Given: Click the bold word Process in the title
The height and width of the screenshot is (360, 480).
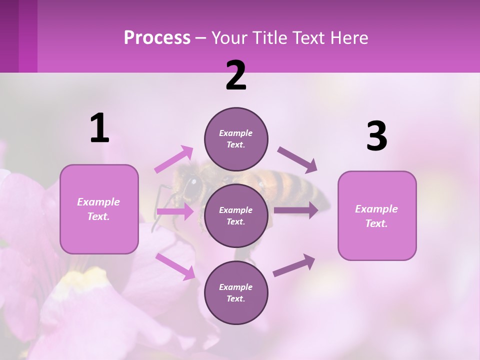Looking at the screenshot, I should click(157, 38).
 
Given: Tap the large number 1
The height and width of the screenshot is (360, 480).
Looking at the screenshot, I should click(99, 128).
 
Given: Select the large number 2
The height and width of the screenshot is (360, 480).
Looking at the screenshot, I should click(236, 75).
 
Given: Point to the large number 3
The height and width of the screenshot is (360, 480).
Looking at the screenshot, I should click(376, 136).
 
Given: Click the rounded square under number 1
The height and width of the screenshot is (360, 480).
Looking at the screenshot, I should click(99, 209).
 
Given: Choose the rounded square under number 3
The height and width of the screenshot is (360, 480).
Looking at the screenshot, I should click(377, 215).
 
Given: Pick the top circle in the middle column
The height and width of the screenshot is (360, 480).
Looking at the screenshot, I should click(236, 139).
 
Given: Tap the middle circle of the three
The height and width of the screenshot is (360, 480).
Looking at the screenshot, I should click(236, 215).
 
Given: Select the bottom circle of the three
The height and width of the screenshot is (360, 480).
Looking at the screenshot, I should click(236, 292).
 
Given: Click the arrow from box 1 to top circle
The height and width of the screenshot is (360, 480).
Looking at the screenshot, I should click(174, 159).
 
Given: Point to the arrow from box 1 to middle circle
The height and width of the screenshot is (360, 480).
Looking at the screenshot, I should click(175, 211).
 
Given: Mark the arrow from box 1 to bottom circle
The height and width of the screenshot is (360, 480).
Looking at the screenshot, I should click(175, 266).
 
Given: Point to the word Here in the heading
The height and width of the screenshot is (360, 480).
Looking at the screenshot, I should click(349, 38).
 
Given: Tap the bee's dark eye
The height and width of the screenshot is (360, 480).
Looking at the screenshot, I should click(191, 186).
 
